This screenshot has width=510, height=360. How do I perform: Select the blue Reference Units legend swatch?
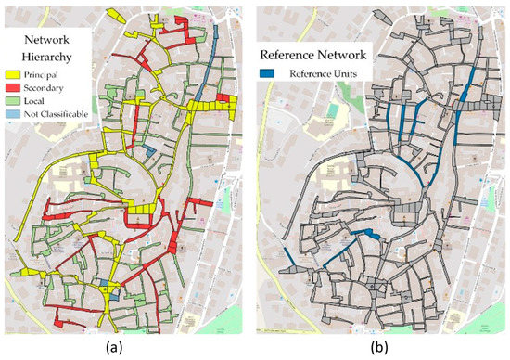278,73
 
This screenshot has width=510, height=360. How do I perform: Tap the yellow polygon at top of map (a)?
115,15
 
